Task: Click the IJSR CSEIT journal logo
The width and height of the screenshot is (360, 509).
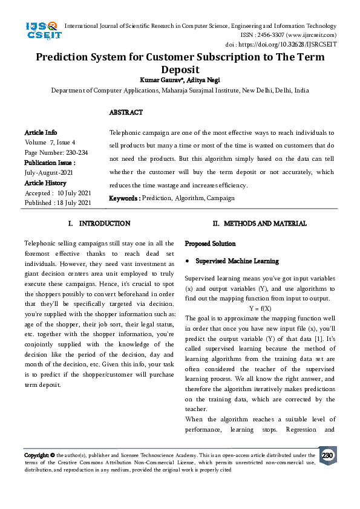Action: coord(42,31)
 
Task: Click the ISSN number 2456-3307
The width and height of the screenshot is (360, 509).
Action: coord(273,35)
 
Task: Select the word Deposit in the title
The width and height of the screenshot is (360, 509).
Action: coord(180,70)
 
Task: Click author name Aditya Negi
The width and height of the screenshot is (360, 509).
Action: coord(205,80)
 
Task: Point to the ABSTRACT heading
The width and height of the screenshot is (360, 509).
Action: coord(126,113)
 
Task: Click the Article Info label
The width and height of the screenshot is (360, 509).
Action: coord(41,132)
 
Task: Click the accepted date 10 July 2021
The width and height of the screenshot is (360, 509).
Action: coord(73,193)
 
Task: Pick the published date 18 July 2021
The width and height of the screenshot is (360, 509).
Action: coord(73,203)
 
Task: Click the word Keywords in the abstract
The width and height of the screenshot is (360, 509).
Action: coord(124,198)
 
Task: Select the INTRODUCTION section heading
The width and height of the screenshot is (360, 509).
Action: coord(105,224)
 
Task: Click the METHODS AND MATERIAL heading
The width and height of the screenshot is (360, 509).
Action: coord(263,224)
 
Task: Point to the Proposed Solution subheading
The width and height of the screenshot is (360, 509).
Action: coord(210,244)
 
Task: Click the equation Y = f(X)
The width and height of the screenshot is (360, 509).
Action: coord(260,308)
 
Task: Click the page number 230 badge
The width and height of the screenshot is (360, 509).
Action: coord(327,455)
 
